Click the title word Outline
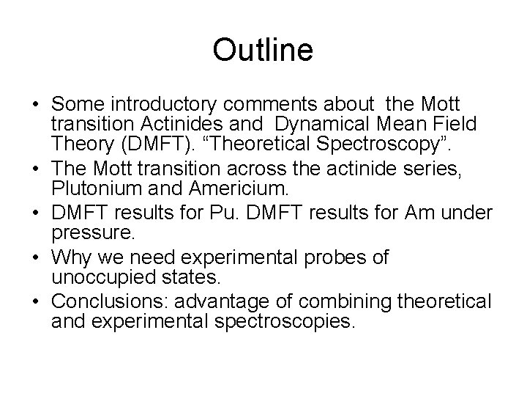[x=263, y=50]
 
